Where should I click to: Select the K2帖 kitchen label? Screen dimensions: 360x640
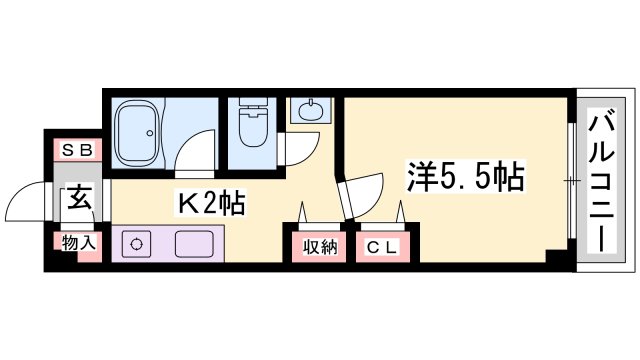[211, 202]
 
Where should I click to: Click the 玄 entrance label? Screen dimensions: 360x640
[78, 197]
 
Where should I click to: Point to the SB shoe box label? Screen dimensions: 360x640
[77, 150]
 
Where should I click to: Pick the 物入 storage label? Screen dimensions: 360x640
[77, 243]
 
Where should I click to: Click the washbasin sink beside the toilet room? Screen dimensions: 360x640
[310, 110]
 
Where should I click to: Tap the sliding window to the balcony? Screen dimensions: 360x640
[571, 181]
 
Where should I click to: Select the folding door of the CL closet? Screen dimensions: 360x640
[380, 217]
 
